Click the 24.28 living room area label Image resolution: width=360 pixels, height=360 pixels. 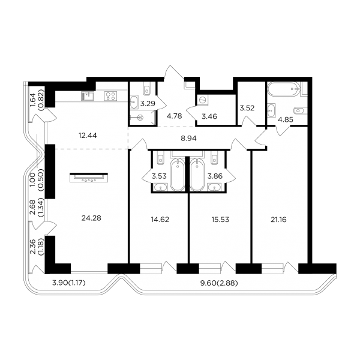pos(91,218)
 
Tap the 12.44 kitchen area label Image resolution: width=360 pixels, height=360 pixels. pos(88,136)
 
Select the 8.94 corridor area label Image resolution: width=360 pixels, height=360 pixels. pos(188,138)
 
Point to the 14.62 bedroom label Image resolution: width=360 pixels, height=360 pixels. pos(160,220)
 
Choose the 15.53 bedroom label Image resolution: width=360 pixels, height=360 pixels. pos(220,220)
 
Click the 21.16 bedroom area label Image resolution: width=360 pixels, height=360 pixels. pos(278,220)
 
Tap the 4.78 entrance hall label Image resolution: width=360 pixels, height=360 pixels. pos(175,116)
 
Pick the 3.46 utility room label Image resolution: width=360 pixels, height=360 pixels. pos(209,116)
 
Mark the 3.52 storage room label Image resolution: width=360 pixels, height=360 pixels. pos(247,108)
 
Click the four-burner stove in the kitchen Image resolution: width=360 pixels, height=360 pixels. pos(110,96)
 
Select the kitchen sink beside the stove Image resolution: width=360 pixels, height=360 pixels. pos(87,96)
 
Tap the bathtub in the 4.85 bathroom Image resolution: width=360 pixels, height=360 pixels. pos(284,89)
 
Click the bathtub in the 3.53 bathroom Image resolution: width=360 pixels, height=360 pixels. pos(178,174)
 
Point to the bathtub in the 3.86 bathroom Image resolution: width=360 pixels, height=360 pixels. pos(197,174)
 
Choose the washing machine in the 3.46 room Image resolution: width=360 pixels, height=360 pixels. pos(203,100)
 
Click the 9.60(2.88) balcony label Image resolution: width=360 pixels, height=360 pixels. pos(219,283)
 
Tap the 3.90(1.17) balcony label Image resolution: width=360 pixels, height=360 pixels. pos(69,283)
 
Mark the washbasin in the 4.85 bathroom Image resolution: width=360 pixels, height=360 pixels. pos(272,110)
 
